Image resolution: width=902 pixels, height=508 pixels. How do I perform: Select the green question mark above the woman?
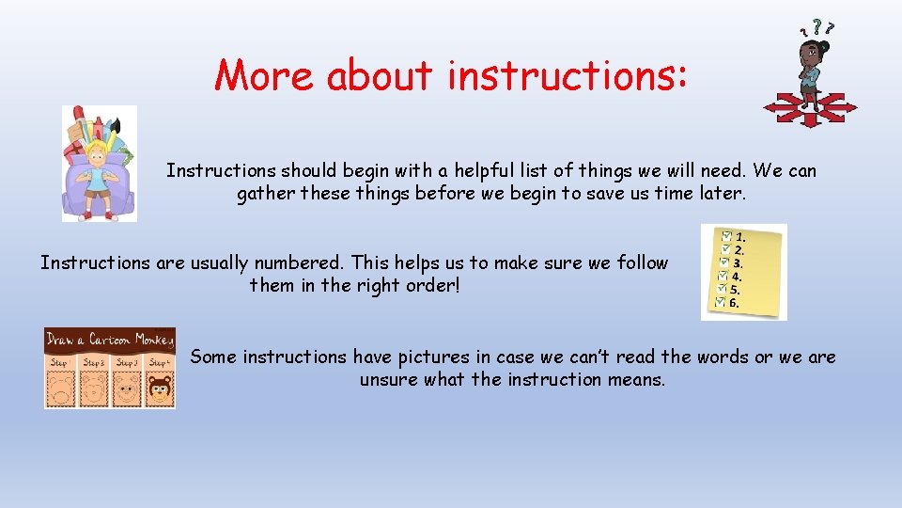[818, 26]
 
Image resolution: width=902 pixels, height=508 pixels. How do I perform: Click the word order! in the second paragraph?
[433, 285]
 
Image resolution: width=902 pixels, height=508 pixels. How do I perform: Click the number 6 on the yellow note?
[734, 303]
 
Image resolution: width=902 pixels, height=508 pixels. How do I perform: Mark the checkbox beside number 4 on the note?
[722, 276]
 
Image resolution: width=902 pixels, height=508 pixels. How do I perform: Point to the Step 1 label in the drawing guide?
[60, 362]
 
